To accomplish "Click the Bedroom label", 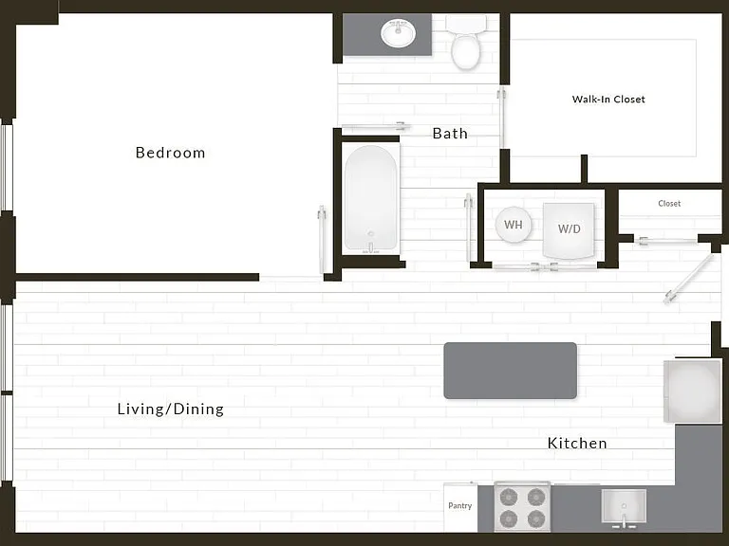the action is pyautogui.click(x=170, y=153).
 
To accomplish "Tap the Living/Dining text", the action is pyautogui.click(x=171, y=409).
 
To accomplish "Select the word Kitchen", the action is pyautogui.click(x=577, y=443).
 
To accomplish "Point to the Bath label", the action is pyautogui.click(x=450, y=134).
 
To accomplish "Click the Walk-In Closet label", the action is pyautogui.click(x=608, y=99).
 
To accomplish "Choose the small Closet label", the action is pyautogui.click(x=669, y=204).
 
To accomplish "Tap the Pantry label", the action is pyautogui.click(x=459, y=505).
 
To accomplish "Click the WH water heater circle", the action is pyautogui.click(x=514, y=225).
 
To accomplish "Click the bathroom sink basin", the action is pyautogui.click(x=398, y=33).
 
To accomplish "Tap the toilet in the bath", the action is pyautogui.click(x=466, y=42).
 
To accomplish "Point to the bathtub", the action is pyautogui.click(x=371, y=199).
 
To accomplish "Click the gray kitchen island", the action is pyautogui.click(x=511, y=371).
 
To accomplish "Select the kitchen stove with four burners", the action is pyautogui.click(x=522, y=506).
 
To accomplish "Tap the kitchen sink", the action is pyautogui.click(x=624, y=507).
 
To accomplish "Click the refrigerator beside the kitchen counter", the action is pyautogui.click(x=692, y=391).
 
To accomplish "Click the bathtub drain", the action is pyautogui.click(x=370, y=233).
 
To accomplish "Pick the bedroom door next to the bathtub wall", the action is pyautogui.click(x=322, y=241).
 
